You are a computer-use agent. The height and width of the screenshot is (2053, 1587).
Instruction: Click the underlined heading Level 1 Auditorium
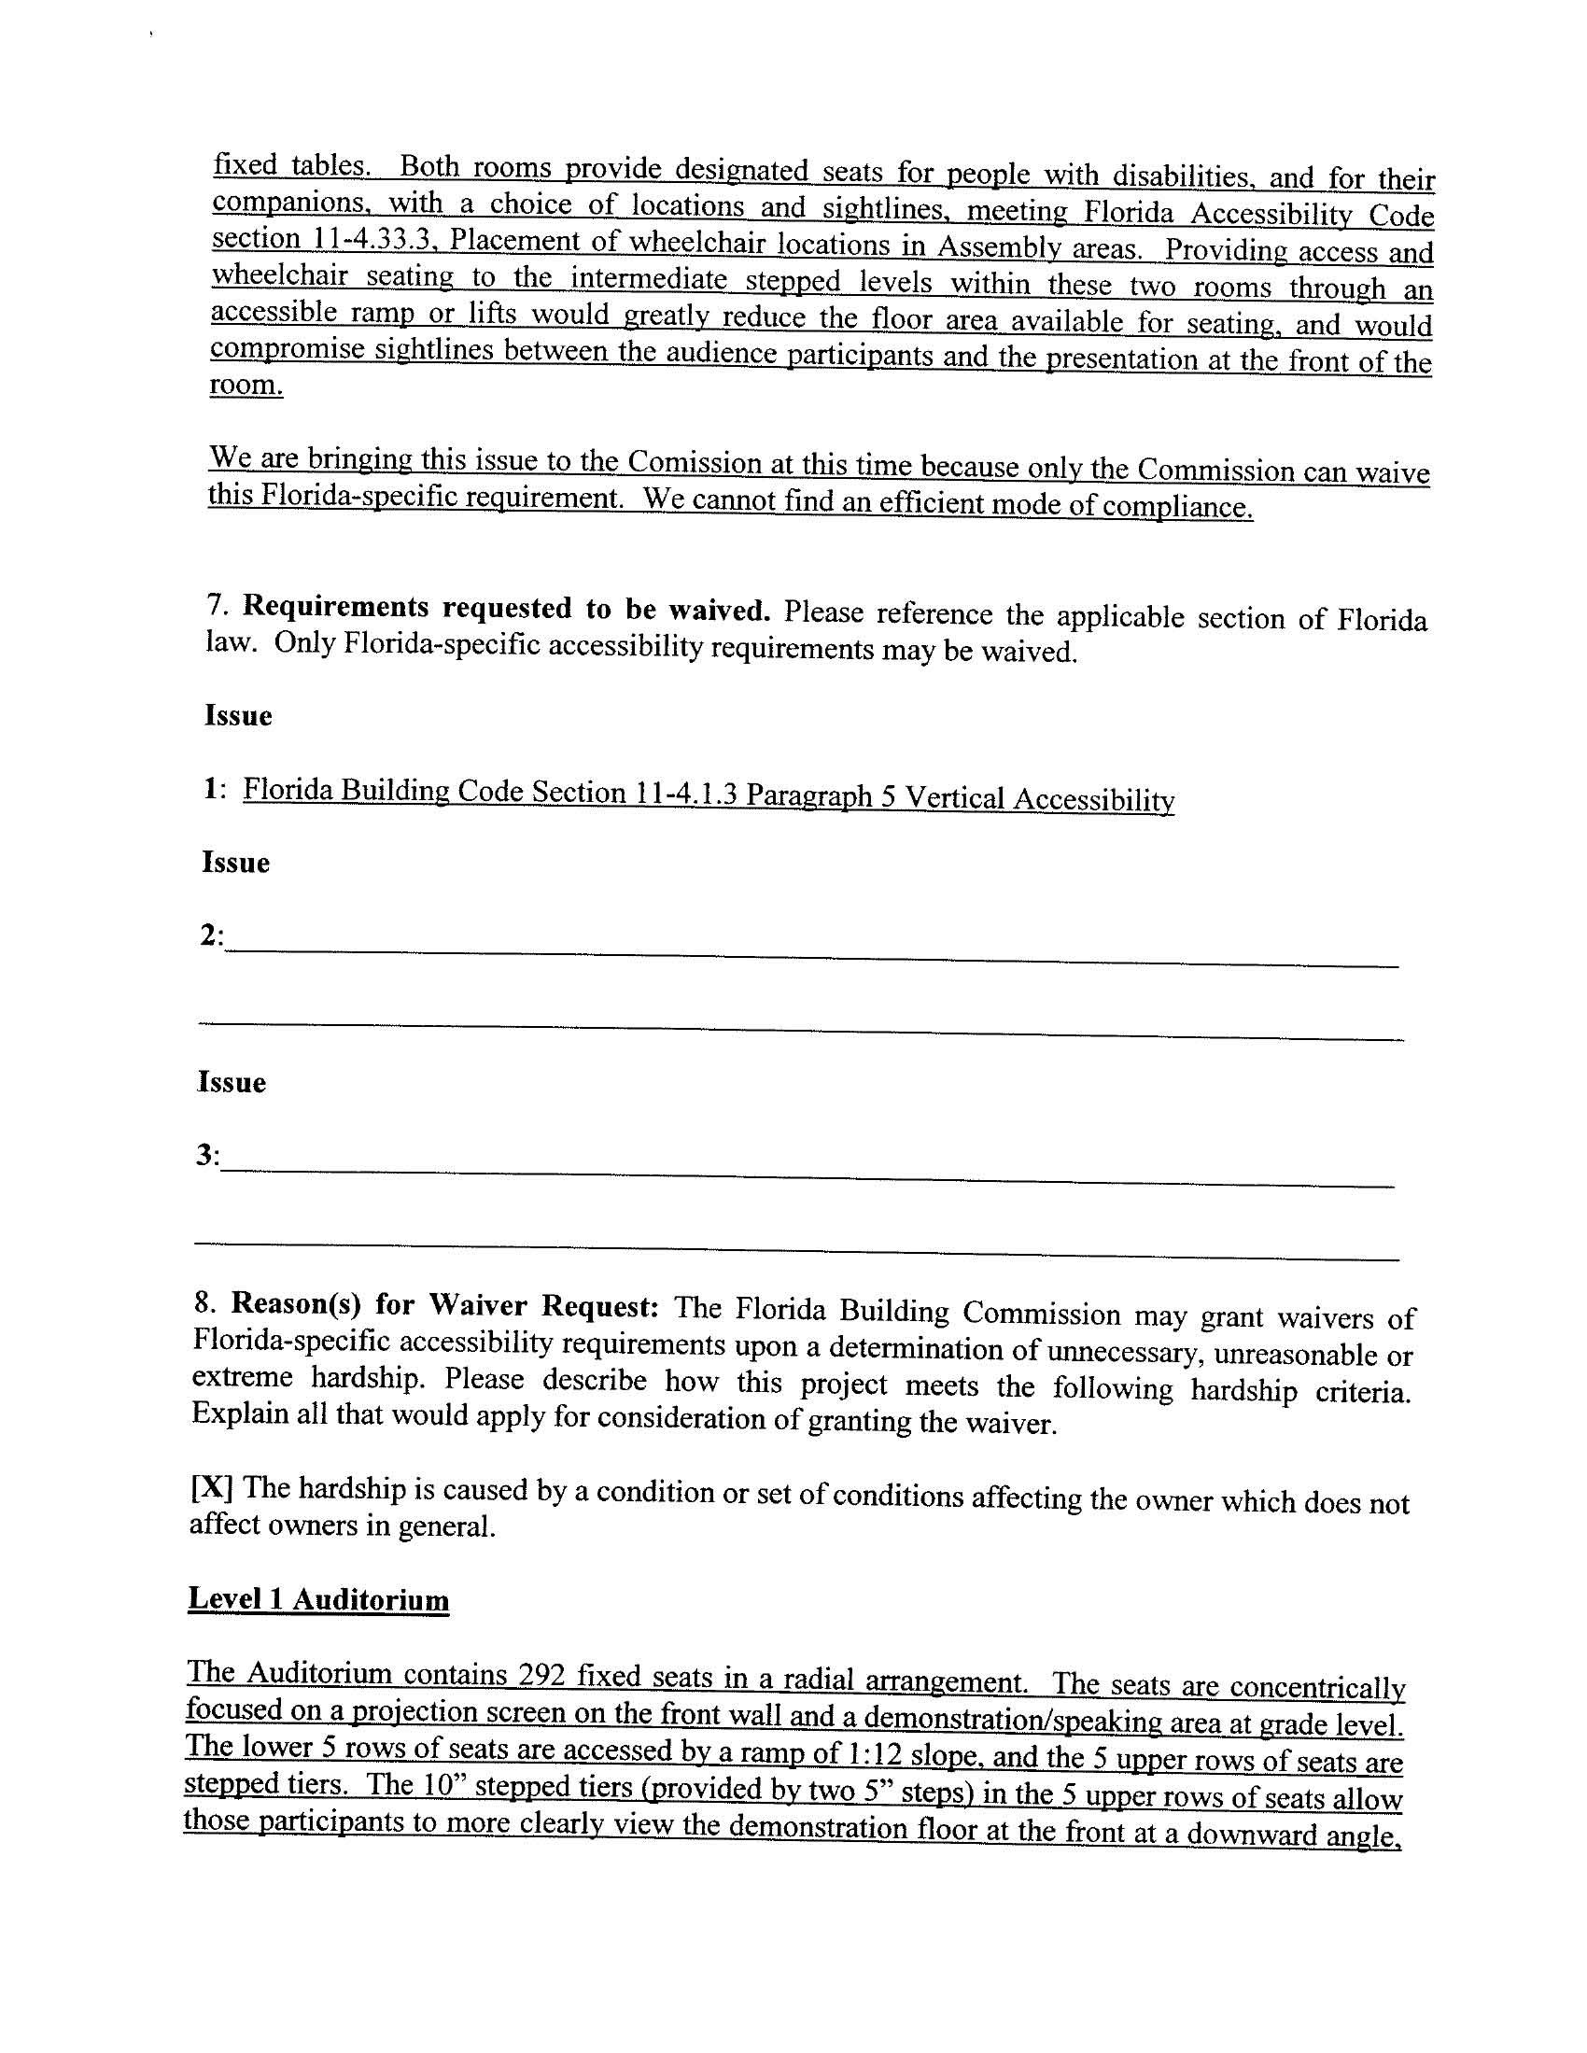317,1599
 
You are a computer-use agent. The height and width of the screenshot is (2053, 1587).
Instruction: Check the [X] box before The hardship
211,1488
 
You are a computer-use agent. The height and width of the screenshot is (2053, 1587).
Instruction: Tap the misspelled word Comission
694,462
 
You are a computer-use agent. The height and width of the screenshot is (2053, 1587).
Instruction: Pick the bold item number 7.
213,604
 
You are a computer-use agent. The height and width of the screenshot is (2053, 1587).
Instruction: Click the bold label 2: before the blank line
212,935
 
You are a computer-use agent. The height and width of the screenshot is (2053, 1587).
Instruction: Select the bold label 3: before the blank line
208,1154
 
